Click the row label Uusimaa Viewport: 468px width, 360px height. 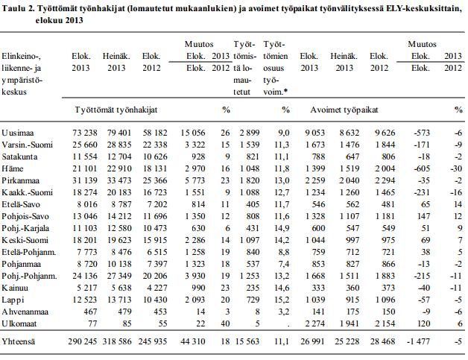tap(18, 133)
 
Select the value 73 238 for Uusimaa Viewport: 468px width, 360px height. tap(85, 133)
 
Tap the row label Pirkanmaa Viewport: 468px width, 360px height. tap(20, 180)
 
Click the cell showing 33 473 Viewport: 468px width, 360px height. tap(119, 180)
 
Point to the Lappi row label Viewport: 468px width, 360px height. tap(13, 300)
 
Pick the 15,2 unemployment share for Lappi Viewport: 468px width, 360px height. tap(282, 300)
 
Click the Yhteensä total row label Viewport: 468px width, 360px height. tap(18, 341)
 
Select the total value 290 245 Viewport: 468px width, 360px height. tap(83, 341)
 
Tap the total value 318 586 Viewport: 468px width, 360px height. tap(117, 341)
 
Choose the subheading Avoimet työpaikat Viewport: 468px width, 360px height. tap(344, 110)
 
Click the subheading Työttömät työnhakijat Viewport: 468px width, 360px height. tap(116, 110)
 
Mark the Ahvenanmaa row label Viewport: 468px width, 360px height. tap(25, 312)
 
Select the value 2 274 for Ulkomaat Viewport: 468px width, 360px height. tap(315, 324)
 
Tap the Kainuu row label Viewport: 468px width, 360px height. tap(15, 288)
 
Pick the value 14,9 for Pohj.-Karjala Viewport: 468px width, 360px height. tap(282, 228)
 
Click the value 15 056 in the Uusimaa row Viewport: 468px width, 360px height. tap(193, 133)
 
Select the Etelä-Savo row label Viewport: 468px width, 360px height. tap(21, 204)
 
